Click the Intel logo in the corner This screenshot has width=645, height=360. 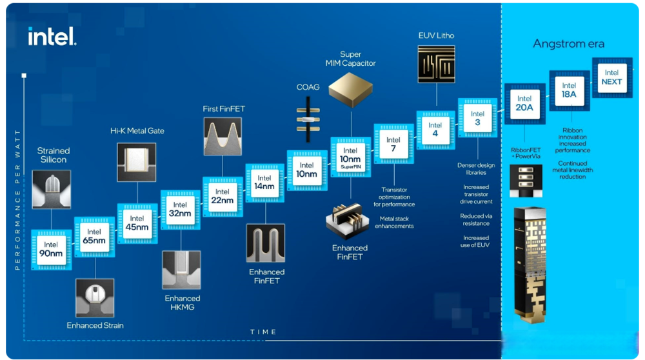[x=52, y=36]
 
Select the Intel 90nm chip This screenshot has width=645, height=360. [x=52, y=250]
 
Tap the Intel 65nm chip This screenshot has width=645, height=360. [x=94, y=237]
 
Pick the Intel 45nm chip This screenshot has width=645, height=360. [x=137, y=223]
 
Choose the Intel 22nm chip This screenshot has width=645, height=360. [x=223, y=197]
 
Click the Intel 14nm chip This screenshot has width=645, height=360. [x=264, y=183]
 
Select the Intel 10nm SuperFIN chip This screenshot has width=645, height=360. [x=350, y=157]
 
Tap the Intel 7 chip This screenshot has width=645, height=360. [x=393, y=144]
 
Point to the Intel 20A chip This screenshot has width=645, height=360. [x=525, y=104]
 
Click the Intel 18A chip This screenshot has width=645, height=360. [x=570, y=90]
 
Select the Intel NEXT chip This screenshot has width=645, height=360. [x=612, y=77]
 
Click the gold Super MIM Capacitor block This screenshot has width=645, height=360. [x=350, y=90]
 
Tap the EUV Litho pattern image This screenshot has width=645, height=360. [x=437, y=64]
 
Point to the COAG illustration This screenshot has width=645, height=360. [x=308, y=119]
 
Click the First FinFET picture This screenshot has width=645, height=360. [x=223, y=136]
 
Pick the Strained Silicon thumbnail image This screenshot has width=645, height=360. [x=52, y=189]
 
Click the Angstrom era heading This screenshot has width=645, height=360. [x=568, y=44]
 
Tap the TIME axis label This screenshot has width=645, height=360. [x=263, y=332]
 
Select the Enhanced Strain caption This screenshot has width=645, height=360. [x=95, y=325]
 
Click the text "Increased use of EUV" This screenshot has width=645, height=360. [x=475, y=241]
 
